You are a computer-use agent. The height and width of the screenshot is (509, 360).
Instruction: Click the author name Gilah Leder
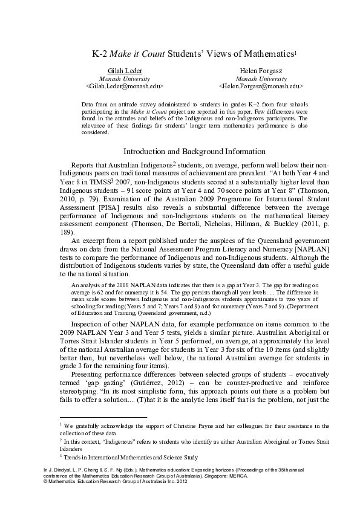coord(125,71)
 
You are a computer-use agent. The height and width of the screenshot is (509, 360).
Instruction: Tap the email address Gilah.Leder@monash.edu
coord(125,86)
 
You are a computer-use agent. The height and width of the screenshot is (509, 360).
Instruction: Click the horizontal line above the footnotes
coord(104,417)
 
